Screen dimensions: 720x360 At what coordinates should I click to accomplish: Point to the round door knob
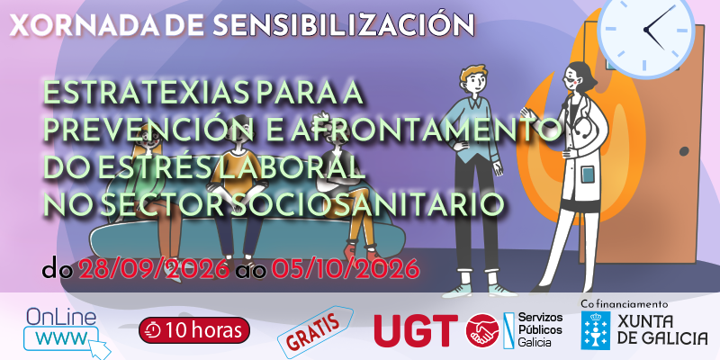(x=684, y=151)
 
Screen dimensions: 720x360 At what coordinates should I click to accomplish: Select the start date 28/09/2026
(x=154, y=269)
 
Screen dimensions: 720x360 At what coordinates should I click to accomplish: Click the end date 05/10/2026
(x=346, y=269)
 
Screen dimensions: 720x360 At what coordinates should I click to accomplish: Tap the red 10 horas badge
(x=194, y=329)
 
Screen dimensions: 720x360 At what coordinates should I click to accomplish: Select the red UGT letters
(x=416, y=330)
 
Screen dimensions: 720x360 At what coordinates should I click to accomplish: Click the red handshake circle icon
(x=482, y=329)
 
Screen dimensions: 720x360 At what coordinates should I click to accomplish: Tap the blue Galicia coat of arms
(x=596, y=330)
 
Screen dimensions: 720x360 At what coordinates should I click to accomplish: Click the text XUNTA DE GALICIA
(x=661, y=329)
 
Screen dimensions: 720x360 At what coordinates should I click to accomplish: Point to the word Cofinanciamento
(x=624, y=304)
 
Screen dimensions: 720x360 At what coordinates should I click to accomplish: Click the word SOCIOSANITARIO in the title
(x=366, y=205)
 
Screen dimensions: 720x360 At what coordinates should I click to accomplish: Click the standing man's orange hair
(x=473, y=73)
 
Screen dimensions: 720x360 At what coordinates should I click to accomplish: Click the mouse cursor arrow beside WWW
(x=102, y=350)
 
